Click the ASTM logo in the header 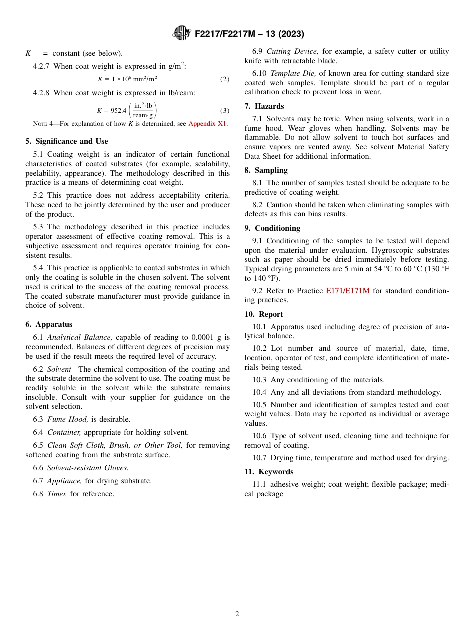[182, 33]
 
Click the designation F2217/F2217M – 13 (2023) [249, 34]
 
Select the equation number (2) [225, 79]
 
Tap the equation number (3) [225, 111]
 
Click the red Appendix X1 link [207, 124]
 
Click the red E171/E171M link [347, 291]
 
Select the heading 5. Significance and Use [66, 141]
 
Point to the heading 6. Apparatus [49, 324]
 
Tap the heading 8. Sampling [266, 170]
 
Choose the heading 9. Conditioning [272, 228]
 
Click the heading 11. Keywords [269, 472]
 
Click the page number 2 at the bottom [237, 614]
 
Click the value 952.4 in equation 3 [118, 111]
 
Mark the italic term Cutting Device [292, 51]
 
